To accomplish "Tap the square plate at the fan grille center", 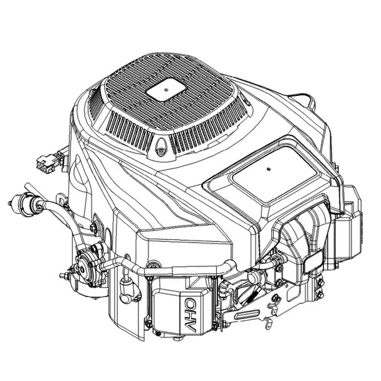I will (165, 91).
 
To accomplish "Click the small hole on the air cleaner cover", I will (268, 169).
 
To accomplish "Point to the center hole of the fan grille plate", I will (165, 91).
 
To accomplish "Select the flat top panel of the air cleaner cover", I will (269, 175).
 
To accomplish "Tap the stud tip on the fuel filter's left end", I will (12, 202).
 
